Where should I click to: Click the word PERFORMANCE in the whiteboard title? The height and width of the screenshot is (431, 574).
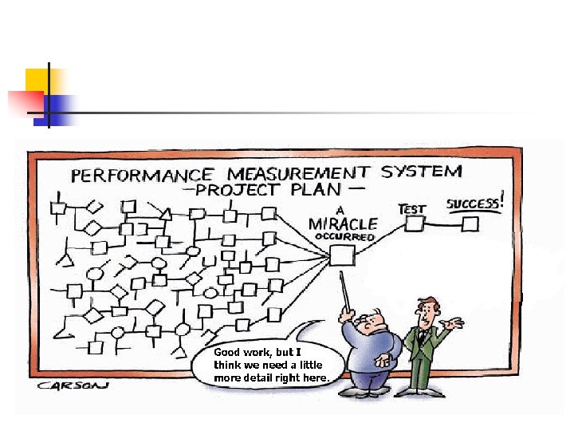point(142,175)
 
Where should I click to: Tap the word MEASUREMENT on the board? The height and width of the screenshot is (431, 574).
point(295,172)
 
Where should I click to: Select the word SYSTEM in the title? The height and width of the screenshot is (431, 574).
point(420,170)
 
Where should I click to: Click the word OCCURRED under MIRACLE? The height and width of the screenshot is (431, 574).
point(344,237)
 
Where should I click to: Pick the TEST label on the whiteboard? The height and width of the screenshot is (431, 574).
point(412,208)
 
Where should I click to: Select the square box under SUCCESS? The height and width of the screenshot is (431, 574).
point(470,224)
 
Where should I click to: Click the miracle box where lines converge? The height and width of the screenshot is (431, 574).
point(343,255)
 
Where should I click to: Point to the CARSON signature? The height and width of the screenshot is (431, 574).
point(72,386)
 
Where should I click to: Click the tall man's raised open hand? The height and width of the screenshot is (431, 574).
point(455,322)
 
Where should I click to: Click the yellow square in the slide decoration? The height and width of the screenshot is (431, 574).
point(37,80)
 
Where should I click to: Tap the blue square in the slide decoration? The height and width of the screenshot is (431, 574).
point(61,107)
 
